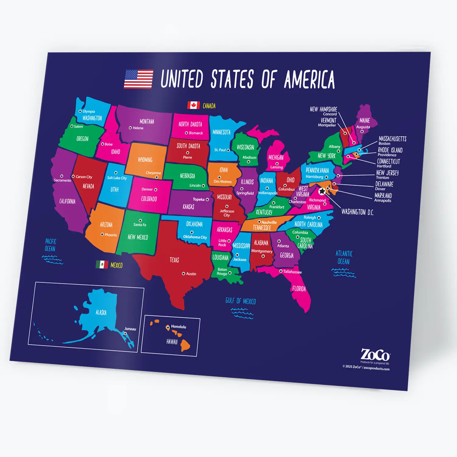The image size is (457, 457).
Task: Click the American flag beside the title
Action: click(x=138, y=79)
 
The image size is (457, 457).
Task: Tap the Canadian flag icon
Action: click(x=193, y=105)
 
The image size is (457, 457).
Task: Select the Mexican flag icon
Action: click(x=102, y=264)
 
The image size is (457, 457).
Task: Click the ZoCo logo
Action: click(x=375, y=355)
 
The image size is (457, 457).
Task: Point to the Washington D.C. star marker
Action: click(x=322, y=191)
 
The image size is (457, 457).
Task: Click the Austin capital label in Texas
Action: click(x=191, y=274)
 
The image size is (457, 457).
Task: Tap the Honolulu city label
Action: click(x=179, y=327)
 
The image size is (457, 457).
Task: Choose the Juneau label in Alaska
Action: click(x=130, y=329)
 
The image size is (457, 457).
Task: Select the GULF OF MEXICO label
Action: click(x=241, y=301)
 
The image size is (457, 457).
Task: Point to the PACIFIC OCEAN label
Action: click(x=51, y=245)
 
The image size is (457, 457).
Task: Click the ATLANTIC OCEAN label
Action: click(x=344, y=257)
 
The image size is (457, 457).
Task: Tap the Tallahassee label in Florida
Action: click(x=292, y=272)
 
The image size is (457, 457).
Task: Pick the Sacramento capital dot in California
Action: click(x=62, y=176)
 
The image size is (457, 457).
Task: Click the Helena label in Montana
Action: click(x=138, y=128)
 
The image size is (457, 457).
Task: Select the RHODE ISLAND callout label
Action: click(x=390, y=150)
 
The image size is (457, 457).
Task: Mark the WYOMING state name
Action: click(x=145, y=160)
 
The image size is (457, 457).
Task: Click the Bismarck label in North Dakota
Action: click(x=196, y=133)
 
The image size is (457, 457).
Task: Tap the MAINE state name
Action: click(x=365, y=121)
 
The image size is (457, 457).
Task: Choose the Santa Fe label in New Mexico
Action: click(x=140, y=225)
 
